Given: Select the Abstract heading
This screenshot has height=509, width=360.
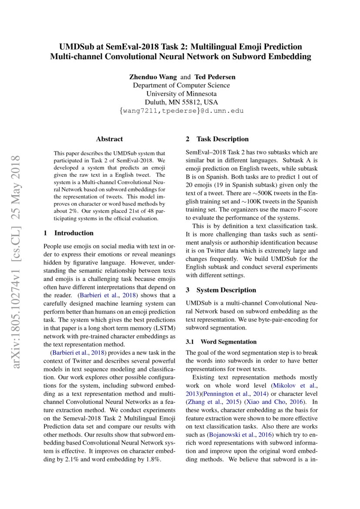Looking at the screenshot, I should click(109, 139).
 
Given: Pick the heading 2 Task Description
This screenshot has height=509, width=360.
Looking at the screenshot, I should click(217, 139).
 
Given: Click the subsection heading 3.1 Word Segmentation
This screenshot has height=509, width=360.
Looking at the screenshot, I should click(221, 342).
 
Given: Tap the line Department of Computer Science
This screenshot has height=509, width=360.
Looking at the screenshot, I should click(181, 85).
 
